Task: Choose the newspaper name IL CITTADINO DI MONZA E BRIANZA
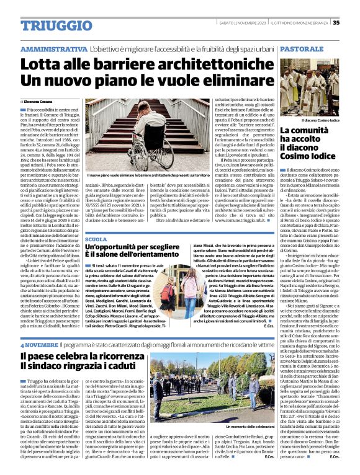coord(302,23)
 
